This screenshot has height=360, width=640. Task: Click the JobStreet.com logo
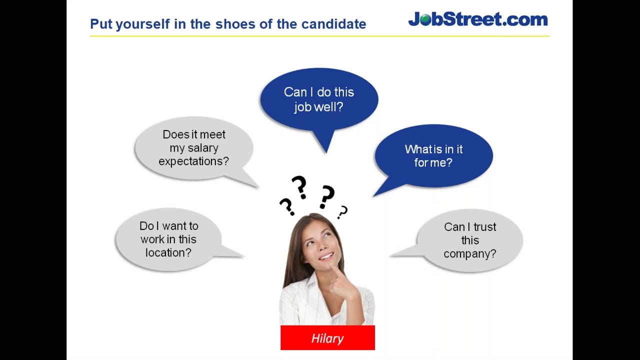477,19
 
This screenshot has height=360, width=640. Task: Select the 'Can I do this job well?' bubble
319,99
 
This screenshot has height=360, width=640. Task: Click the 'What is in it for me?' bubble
433,155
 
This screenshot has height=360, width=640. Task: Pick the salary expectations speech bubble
193,148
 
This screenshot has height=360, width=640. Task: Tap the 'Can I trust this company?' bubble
469,240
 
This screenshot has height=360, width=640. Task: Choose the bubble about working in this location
168,239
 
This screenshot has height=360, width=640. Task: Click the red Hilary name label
327,338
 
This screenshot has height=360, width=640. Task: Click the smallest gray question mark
342,212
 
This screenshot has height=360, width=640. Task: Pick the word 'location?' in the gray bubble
168,253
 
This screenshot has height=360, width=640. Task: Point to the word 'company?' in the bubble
469,254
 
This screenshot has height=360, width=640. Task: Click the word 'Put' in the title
101,24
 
